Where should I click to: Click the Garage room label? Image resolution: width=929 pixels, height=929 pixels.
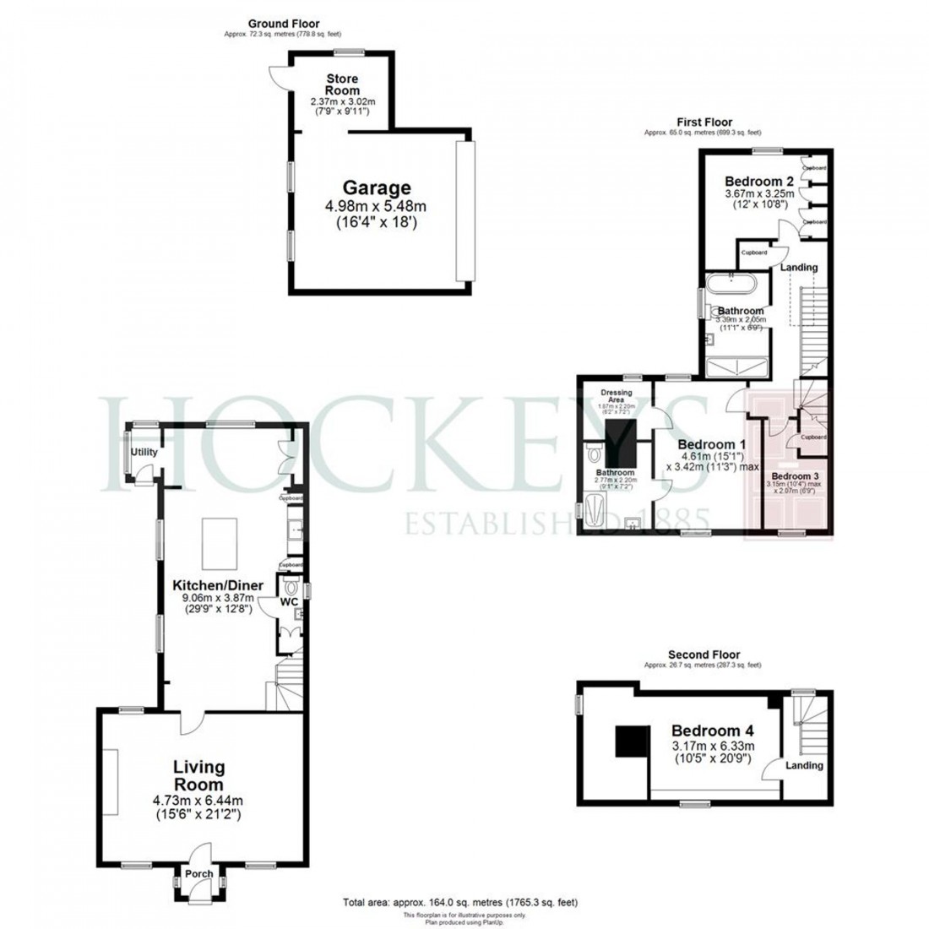376,188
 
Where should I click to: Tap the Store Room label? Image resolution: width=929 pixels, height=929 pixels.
343,84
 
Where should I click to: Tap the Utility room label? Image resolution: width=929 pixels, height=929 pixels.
144,453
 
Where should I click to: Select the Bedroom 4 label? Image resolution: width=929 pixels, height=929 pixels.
713,731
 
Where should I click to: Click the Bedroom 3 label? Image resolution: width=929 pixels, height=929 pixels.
792,475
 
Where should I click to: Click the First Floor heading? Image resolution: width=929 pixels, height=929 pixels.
703,122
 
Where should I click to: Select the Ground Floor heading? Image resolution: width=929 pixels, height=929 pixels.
285,24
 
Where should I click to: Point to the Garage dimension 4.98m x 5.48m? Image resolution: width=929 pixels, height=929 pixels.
377,207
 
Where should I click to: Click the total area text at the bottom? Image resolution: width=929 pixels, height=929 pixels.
460,902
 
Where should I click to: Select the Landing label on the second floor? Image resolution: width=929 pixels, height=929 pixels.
804,765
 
